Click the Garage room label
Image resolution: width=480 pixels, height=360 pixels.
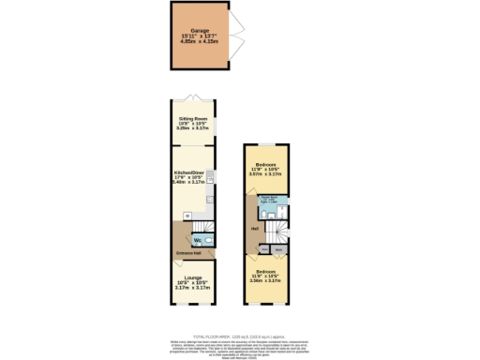[199, 30]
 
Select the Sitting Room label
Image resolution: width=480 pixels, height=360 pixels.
[192, 119]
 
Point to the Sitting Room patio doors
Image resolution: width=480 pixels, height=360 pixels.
[193, 99]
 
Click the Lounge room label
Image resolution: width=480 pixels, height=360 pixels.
[193, 277]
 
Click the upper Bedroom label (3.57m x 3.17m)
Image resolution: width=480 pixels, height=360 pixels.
[266, 164]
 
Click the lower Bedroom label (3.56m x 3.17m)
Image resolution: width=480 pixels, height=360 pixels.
[266, 272]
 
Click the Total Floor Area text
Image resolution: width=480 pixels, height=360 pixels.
[239, 336]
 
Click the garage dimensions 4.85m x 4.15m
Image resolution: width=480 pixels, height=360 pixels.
[199, 42]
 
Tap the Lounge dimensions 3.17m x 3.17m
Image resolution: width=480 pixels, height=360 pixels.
[193, 288]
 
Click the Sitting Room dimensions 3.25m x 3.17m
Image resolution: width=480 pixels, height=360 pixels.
[192, 128]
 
